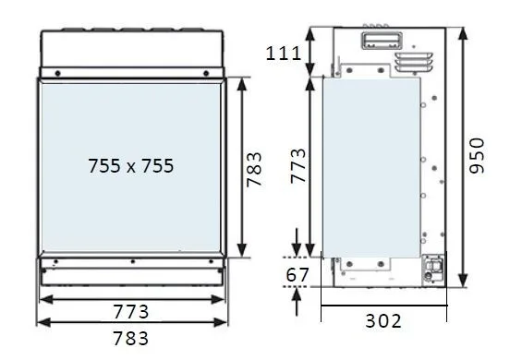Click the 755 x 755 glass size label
coord(131,166)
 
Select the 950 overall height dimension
coord(478,156)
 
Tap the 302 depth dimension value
coord(383,321)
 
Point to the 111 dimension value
coord(284,54)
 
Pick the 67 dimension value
coord(297,275)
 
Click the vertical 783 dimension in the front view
coord(254,169)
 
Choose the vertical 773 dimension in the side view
coord(298,166)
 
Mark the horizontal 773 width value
coord(131,312)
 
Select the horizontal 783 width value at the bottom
coord(131,338)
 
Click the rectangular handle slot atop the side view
coord(382,41)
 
